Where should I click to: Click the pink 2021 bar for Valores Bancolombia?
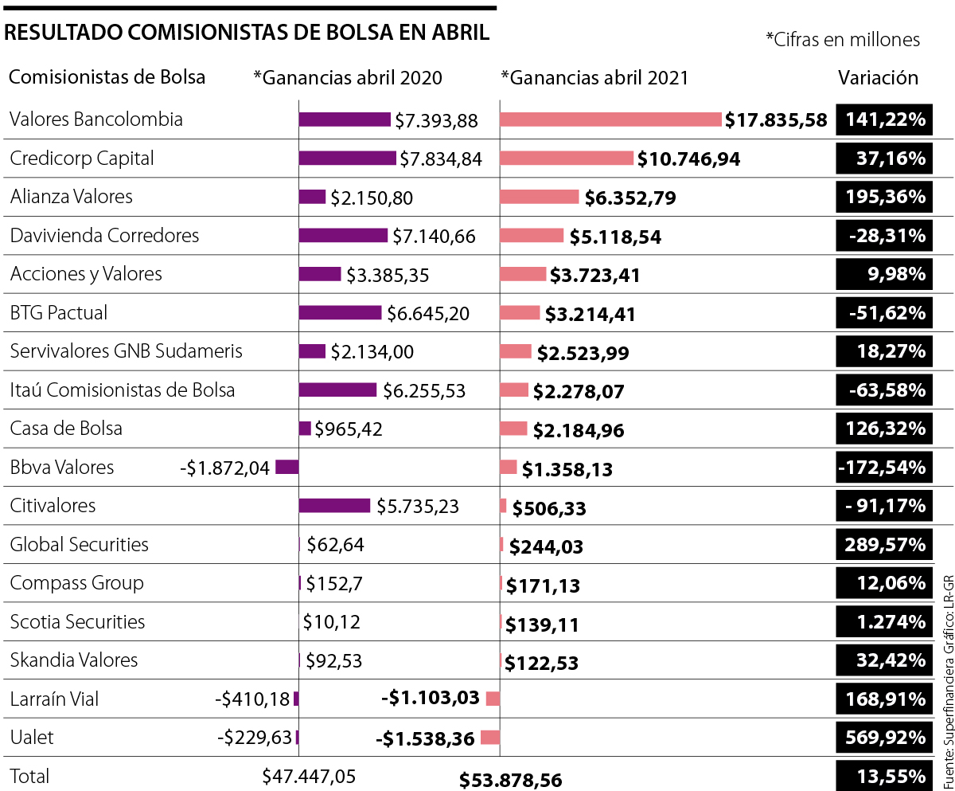point(610,119)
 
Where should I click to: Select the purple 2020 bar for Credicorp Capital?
point(347,158)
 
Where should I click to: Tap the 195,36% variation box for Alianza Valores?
point(883,197)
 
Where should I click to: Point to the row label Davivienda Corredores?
point(104,236)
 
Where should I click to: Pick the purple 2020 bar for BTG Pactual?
point(340,313)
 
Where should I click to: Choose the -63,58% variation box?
point(883,390)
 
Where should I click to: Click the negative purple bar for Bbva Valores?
point(286,468)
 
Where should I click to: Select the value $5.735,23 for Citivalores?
point(418,507)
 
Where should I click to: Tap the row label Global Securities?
point(79,545)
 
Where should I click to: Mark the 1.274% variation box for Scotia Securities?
point(883,622)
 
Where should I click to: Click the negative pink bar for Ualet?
point(489,737)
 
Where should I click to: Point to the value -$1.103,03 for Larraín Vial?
point(430,699)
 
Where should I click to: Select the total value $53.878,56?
point(510,780)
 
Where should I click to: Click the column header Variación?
point(878,78)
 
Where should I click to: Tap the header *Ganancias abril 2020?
point(348,78)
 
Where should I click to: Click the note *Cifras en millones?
point(842,40)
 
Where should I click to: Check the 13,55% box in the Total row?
point(883,776)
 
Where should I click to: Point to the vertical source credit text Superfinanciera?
point(946,717)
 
